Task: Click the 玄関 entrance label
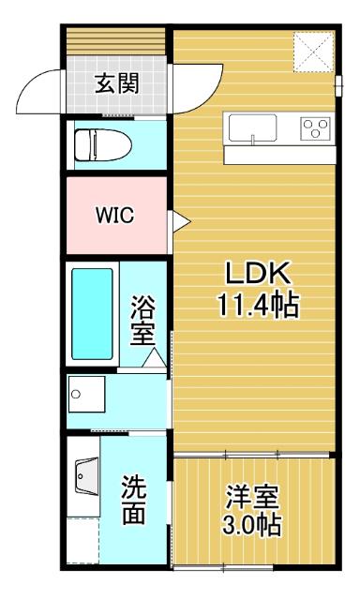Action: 117,85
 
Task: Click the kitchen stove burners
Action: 314,128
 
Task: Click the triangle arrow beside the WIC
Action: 179,220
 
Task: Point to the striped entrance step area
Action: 117,41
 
